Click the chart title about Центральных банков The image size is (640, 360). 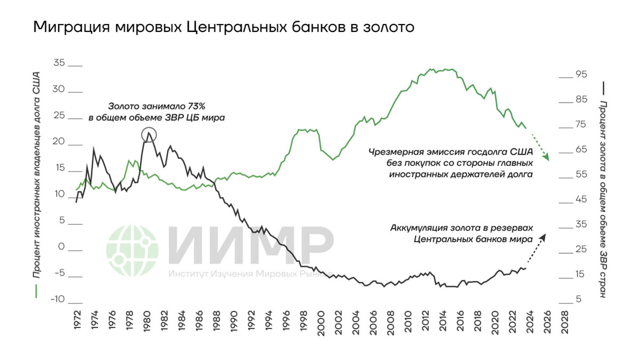tap(223, 27)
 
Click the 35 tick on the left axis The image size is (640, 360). tap(59, 63)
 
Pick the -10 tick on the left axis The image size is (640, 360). tap(58, 299)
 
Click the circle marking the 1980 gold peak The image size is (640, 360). tap(149, 134)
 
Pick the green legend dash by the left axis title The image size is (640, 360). tap(36, 292)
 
